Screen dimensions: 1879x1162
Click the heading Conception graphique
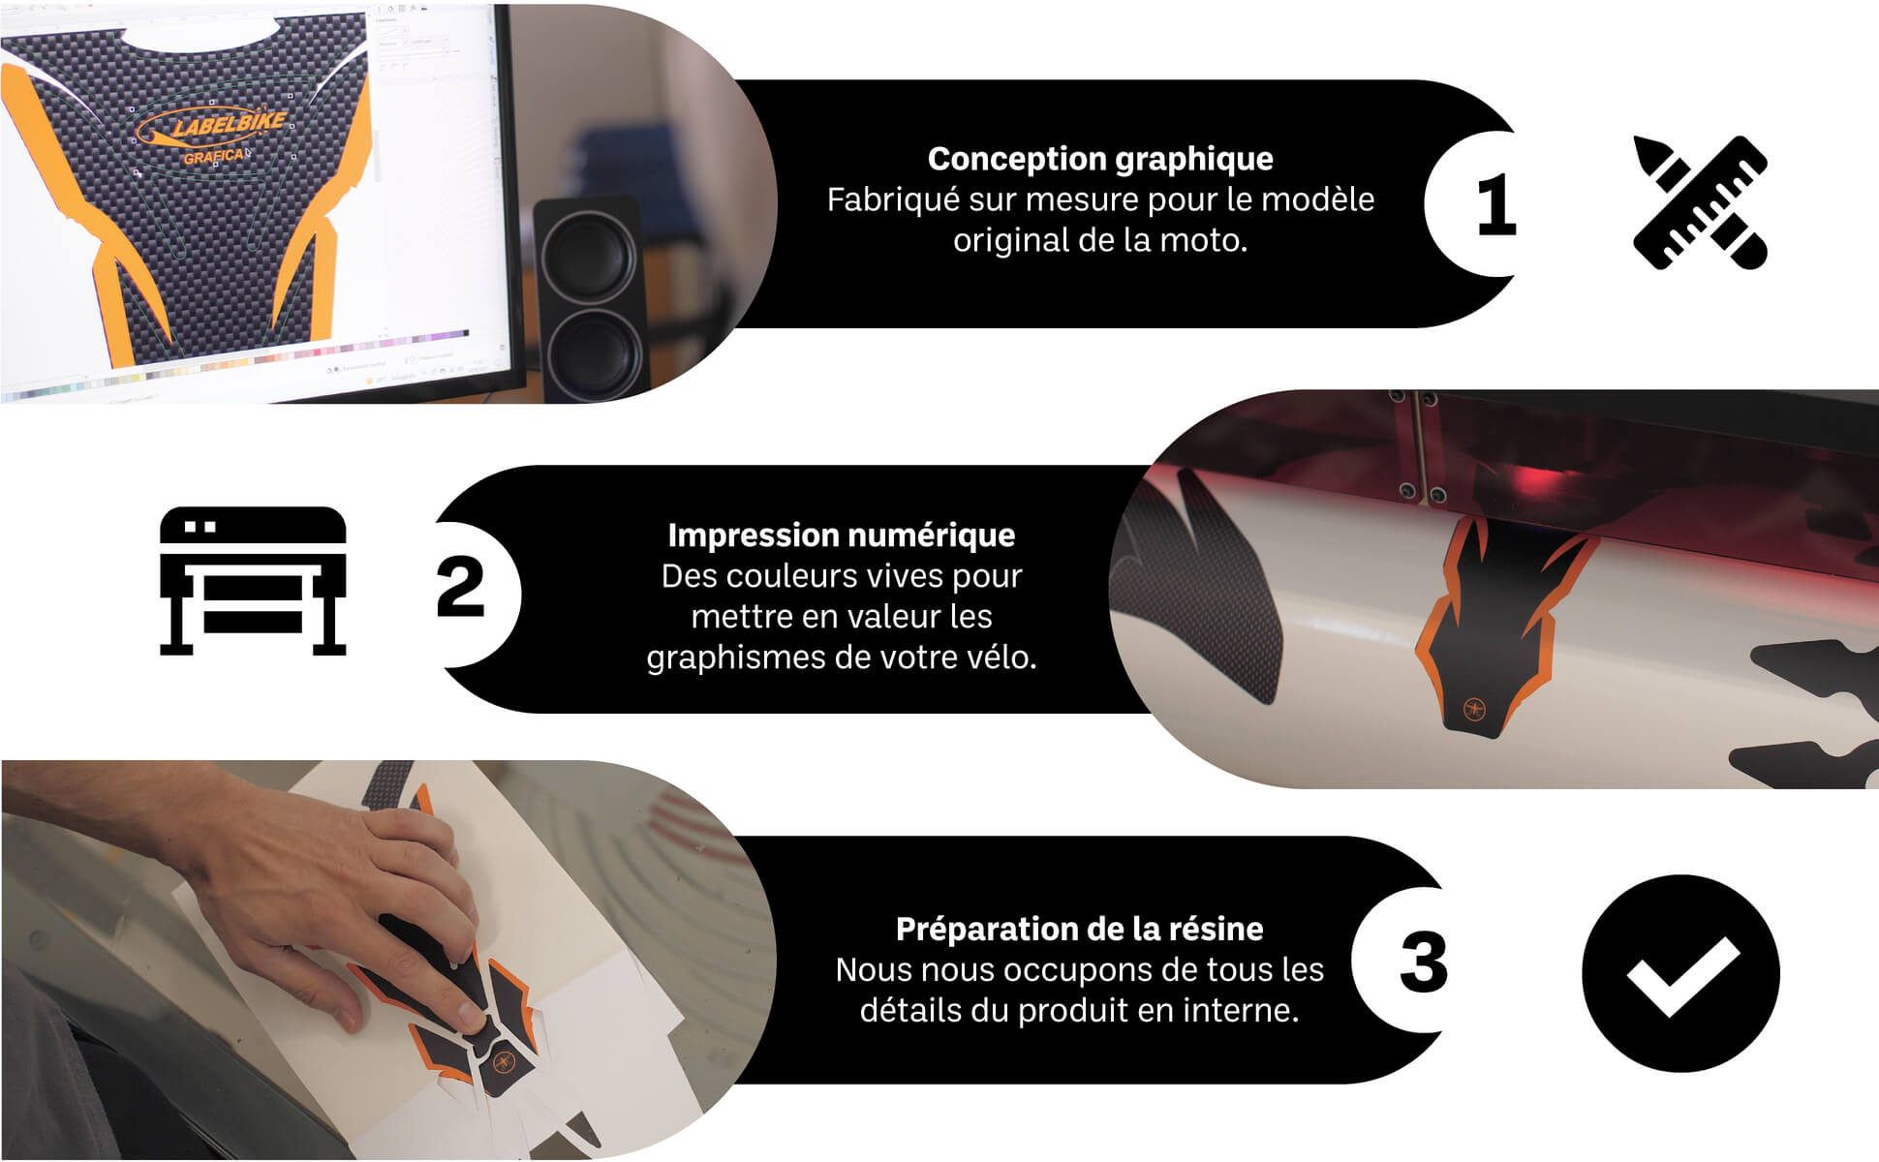1100,159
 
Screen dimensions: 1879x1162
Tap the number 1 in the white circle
1496,204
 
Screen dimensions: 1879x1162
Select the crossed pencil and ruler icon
1700,202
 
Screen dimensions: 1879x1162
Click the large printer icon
253,581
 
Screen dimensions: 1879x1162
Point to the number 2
460,587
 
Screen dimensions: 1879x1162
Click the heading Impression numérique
841,535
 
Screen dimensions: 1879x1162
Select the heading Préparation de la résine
1079,929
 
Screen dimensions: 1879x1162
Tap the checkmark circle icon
1680,972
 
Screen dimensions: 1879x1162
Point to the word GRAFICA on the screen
215,157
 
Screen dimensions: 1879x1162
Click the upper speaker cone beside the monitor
589,258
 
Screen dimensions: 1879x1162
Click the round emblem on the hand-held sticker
503,1061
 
